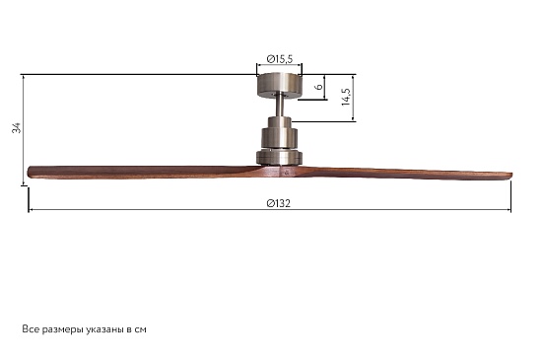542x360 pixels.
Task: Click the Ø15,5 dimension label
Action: pos(280,59)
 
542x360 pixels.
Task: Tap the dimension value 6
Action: pos(319,86)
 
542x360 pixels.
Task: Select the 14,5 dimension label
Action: pos(346,97)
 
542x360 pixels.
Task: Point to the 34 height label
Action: pos(16,127)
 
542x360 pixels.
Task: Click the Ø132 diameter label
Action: pos(279,203)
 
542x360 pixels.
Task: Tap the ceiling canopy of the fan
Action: pos(279,84)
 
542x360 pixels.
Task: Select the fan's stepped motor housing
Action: pos(279,140)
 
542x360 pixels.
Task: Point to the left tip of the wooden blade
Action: pos(29,172)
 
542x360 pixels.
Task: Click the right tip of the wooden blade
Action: pos(511,176)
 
